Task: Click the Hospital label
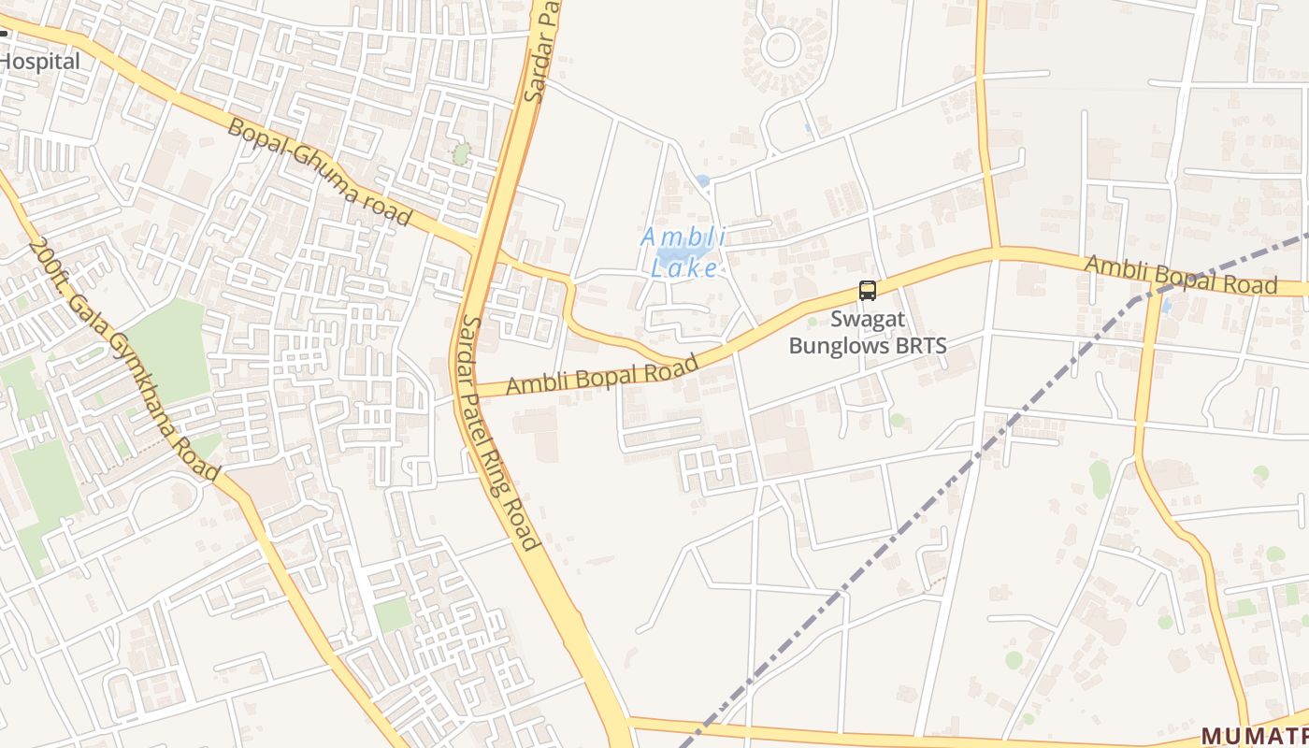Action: point(39,62)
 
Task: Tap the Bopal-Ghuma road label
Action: point(319,172)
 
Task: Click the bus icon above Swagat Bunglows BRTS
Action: point(868,291)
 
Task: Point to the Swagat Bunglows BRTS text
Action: point(868,332)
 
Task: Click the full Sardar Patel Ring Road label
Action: point(500,432)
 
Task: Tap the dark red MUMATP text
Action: point(1254,735)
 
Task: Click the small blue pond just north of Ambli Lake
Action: point(702,180)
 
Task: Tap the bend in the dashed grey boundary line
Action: point(1134,301)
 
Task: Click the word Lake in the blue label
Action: point(683,269)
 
